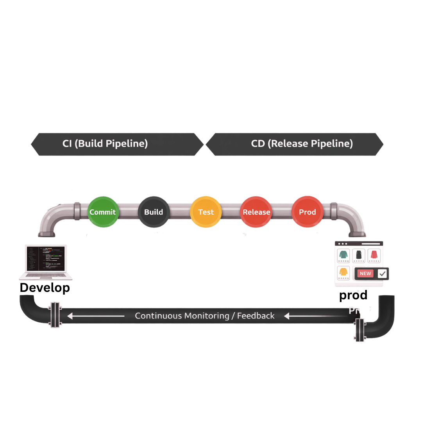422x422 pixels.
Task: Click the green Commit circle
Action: click(103, 212)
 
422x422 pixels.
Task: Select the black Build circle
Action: click(154, 212)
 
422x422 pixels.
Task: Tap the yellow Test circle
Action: click(206, 212)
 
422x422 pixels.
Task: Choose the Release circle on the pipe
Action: click(256, 212)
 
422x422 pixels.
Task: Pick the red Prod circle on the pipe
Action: click(307, 212)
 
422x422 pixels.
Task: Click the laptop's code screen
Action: click(45, 258)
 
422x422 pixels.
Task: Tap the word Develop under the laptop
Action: click(45, 288)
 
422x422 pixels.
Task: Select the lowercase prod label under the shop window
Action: click(353, 295)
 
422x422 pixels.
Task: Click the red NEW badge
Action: click(365, 274)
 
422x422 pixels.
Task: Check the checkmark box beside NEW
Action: click(382, 274)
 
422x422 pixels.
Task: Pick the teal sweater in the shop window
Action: click(343, 255)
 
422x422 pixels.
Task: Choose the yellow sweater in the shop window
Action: click(343, 272)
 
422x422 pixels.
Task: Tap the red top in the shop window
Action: click(374, 255)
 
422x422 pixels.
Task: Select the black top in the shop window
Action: click(359, 255)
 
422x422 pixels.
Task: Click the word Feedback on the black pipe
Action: click(256, 316)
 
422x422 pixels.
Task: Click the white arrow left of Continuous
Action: click(96, 316)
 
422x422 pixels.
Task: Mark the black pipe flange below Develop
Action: click(55, 315)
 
